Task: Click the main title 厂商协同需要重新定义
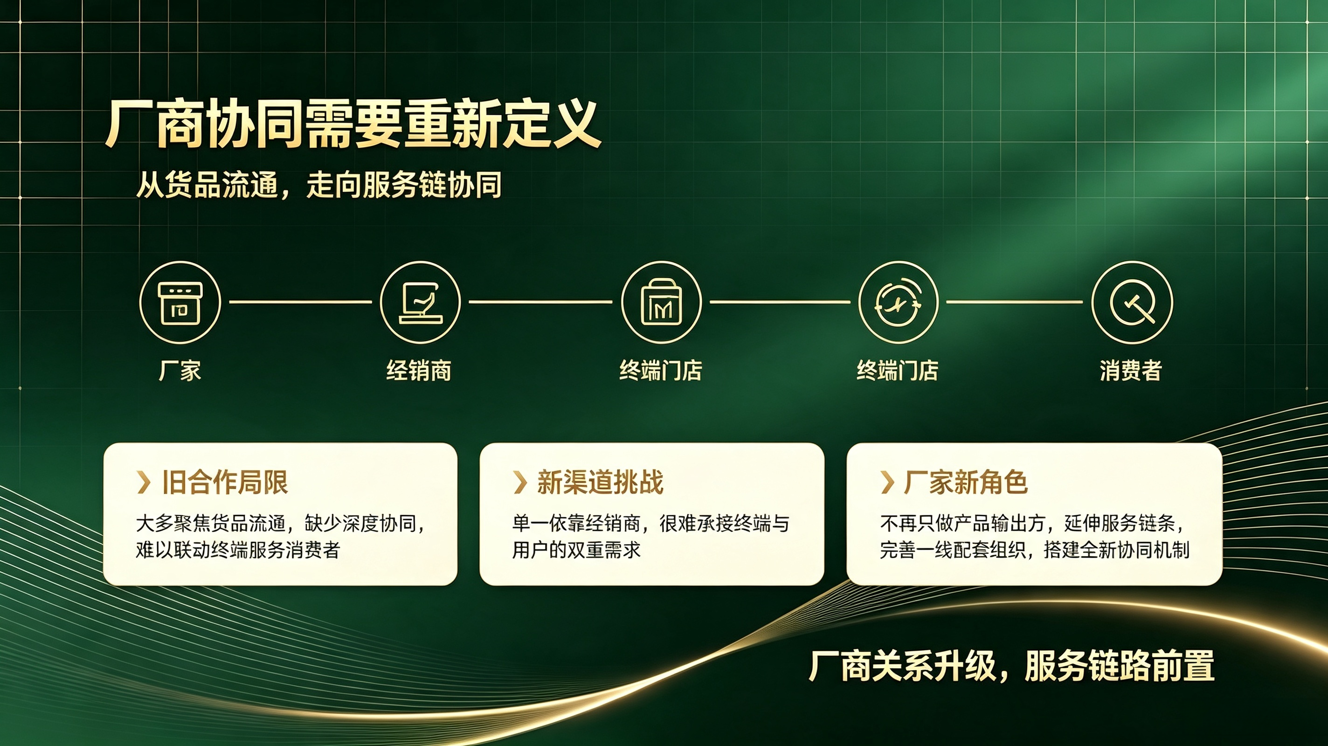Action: click(353, 124)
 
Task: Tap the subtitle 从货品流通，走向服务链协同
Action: click(319, 185)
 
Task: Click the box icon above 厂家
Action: click(180, 303)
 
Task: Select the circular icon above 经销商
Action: click(420, 303)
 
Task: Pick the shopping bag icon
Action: click(661, 303)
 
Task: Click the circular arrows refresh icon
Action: click(898, 303)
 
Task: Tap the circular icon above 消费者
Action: click(1132, 303)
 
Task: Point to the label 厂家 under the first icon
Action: click(180, 370)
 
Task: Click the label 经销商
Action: click(419, 370)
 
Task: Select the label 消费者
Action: click(1131, 370)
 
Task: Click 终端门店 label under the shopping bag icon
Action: click(661, 370)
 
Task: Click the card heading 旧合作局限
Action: click(225, 482)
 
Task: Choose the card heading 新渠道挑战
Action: click(600, 482)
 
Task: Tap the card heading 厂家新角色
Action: click(966, 482)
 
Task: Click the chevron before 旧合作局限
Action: click(144, 483)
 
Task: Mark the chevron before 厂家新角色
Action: click(887, 483)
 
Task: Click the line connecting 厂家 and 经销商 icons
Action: click(301, 302)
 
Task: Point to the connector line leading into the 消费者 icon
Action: click(1015, 302)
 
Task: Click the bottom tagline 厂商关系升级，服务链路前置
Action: click(1011, 666)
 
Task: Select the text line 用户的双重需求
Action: click(576, 550)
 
